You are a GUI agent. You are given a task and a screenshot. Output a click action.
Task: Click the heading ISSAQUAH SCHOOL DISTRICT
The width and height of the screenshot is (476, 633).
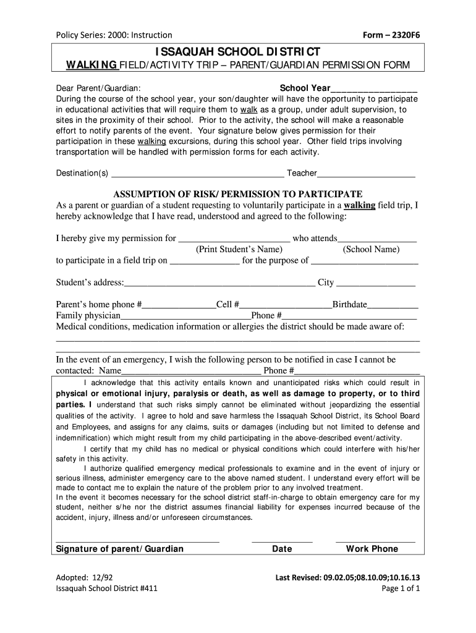click(x=237, y=51)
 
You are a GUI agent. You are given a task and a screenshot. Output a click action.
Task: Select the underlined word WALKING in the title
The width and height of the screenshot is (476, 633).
click(x=91, y=66)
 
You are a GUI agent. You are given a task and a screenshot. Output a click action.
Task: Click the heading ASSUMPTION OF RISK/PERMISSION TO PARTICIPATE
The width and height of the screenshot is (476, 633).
click(x=237, y=193)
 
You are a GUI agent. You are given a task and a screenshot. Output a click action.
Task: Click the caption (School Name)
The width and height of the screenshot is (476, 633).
click(x=371, y=250)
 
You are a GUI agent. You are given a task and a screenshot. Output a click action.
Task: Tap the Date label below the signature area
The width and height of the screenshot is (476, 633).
click(x=282, y=549)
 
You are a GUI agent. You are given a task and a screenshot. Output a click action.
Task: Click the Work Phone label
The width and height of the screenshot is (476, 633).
click(x=372, y=549)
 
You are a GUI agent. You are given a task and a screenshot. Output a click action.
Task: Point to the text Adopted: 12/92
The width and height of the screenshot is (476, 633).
click(x=81, y=578)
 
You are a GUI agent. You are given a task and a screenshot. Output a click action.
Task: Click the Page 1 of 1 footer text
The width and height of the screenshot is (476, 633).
click(x=401, y=589)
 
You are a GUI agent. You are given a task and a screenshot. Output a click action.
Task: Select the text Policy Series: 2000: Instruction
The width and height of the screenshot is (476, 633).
click(x=114, y=35)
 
